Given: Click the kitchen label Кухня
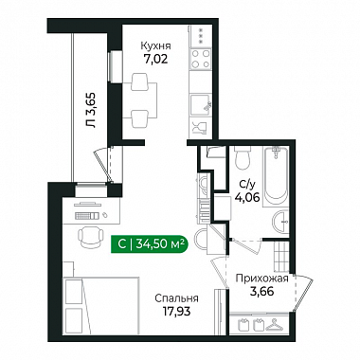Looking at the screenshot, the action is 155,46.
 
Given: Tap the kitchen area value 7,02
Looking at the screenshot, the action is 155,59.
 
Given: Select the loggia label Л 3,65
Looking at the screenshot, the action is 92,110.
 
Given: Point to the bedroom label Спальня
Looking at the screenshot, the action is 176,298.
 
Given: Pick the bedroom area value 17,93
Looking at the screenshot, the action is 176,312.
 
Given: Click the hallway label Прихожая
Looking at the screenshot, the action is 262,279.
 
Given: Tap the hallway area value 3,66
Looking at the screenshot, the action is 262,292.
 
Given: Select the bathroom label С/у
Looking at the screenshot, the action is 246,184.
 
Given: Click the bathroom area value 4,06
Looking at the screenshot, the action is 247,198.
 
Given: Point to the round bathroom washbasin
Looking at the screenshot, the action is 280,222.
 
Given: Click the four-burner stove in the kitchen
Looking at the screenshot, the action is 201,59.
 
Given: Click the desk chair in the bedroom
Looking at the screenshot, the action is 91,237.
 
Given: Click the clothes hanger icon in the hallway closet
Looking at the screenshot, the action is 275,324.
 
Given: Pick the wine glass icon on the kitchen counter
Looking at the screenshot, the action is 198,127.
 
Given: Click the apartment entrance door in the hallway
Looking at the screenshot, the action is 302,293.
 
